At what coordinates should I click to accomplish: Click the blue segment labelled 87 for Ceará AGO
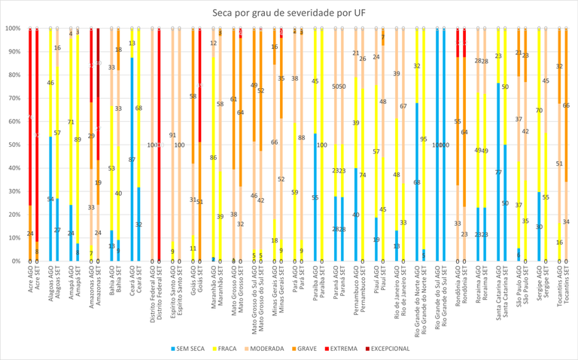132,160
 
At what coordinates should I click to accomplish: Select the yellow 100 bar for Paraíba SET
322,145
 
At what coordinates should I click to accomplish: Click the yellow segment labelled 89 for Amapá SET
78,139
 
